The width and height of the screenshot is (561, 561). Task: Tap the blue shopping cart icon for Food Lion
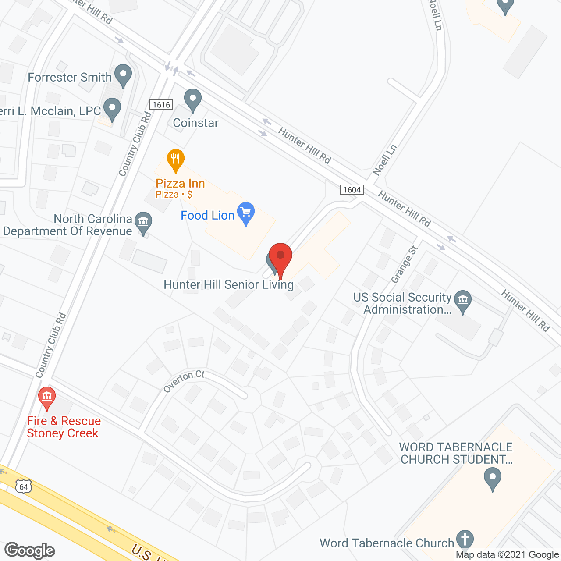pyautogui.click(x=246, y=213)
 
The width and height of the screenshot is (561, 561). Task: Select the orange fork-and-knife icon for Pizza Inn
pyautogui.click(x=175, y=160)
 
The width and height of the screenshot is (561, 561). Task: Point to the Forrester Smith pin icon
pyautogui.click(x=123, y=75)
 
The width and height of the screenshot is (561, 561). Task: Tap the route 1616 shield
pyautogui.click(x=161, y=105)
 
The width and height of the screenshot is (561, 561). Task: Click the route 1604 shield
pyautogui.click(x=352, y=190)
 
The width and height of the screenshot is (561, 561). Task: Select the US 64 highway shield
pyautogui.click(x=24, y=486)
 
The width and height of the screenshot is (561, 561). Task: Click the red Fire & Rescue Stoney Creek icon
pyautogui.click(x=47, y=397)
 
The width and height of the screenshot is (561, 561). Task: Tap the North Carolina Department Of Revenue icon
pyautogui.click(x=143, y=222)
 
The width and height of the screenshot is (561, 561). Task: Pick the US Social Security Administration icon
pyautogui.click(x=462, y=301)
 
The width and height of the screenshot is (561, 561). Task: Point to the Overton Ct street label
pyautogui.click(x=184, y=381)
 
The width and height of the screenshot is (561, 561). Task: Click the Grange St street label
pyautogui.click(x=404, y=264)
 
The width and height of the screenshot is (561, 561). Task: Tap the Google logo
pyautogui.click(x=30, y=550)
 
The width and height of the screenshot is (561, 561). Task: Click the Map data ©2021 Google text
pyautogui.click(x=508, y=555)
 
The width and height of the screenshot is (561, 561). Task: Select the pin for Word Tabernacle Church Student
pyautogui.click(x=493, y=478)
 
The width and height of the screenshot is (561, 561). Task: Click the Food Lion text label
pyautogui.click(x=208, y=216)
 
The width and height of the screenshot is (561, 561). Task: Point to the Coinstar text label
pyautogui.click(x=195, y=123)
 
